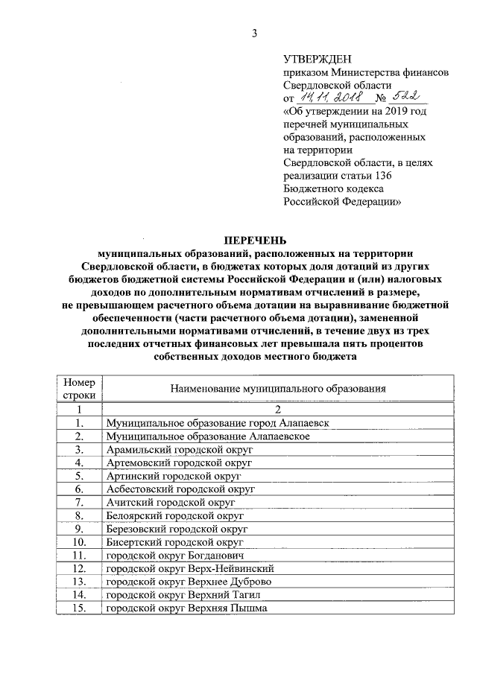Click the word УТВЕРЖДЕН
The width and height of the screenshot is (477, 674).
317,59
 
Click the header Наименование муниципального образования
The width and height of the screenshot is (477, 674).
277,389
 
